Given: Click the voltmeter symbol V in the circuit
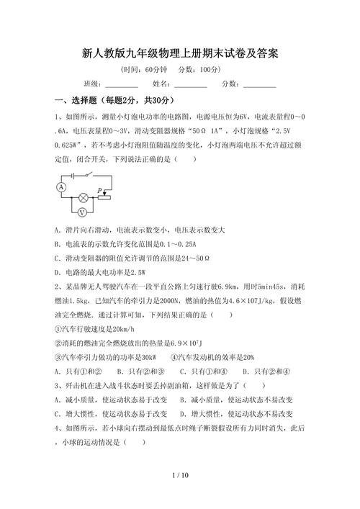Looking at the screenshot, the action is tap(82, 212).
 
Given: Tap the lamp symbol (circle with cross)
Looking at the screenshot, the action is tap(83, 197).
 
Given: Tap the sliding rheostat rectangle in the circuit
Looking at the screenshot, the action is tap(105, 197).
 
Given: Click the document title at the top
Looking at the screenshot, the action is tap(180, 53).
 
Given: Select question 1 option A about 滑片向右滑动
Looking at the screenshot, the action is tap(140, 230).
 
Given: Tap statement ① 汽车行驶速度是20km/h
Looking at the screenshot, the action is tap(94, 329).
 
